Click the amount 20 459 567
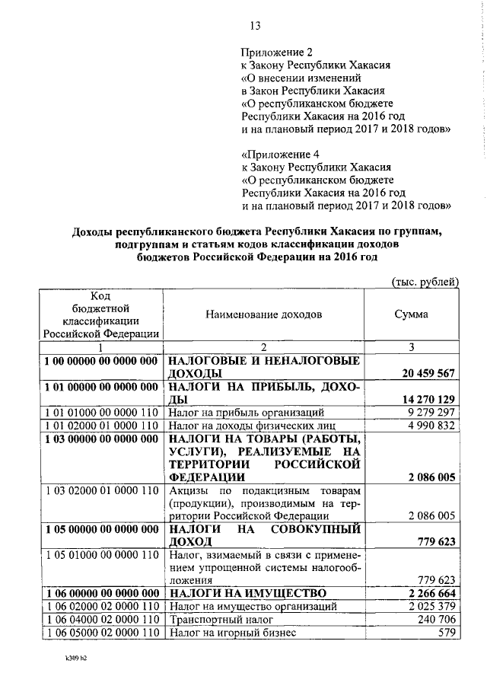tap(427, 374)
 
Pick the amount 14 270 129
tap(427, 400)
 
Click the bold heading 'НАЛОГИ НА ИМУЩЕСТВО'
tap(247, 593)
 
